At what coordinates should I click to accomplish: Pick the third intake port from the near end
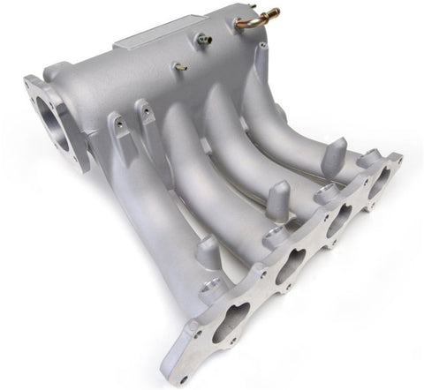(339, 221)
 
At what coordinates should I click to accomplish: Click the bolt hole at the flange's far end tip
(395, 160)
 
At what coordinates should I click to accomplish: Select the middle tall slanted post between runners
(277, 201)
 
